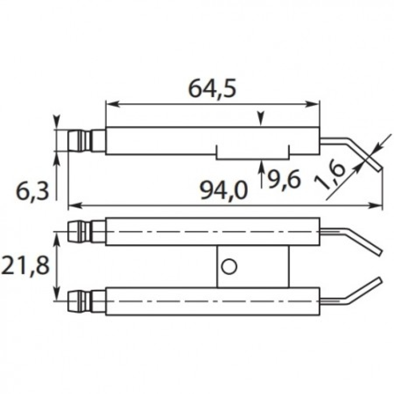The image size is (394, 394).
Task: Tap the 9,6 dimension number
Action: [x=284, y=179]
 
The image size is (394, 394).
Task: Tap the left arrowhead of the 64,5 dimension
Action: [x=112, y=104]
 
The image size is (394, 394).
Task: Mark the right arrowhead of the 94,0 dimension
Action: [x=375, y=206]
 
